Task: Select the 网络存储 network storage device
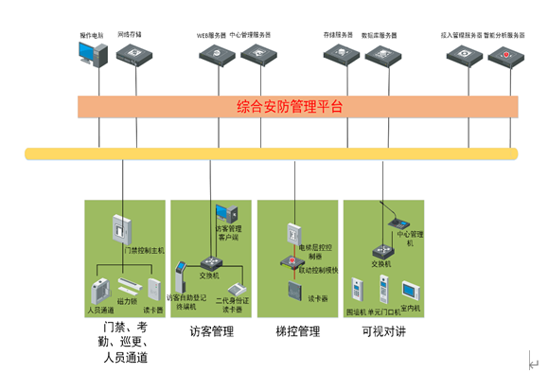click(133, 56)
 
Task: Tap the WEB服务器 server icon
click(217, 57)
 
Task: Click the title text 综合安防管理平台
click(290, 107)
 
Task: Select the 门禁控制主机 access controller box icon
click(121, 229)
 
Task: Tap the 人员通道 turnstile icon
click(99, 290)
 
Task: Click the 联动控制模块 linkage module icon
click(289, 260)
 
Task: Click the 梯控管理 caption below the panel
click(297, 332)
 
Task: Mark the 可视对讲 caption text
click(383, 332)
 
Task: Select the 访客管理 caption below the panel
click(211, 332)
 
